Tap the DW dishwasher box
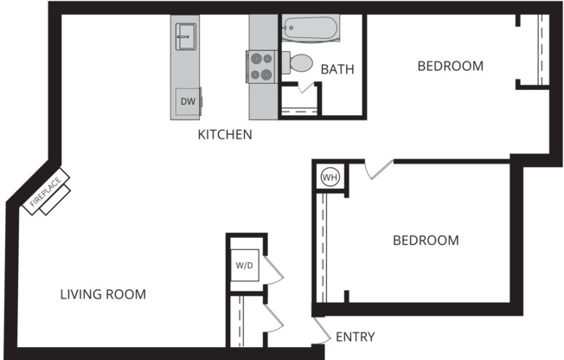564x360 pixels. pos(188,101)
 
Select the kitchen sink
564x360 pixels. pos(185,35)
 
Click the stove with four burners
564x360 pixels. pos(262,67)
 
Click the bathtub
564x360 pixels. pos(309,29)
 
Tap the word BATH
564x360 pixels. pos(338,69)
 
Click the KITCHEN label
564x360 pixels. pos(225,134)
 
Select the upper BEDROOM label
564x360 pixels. pos(450,66)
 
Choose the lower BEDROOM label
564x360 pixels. pos(426,240)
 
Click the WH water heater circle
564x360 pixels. pos(330,177)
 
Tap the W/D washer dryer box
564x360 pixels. pos(244,265)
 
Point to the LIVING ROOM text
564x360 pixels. pos(103,294)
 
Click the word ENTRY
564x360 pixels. pos(355,337)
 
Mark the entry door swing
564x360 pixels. pos(321,329)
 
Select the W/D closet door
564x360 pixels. pos(274,269)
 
